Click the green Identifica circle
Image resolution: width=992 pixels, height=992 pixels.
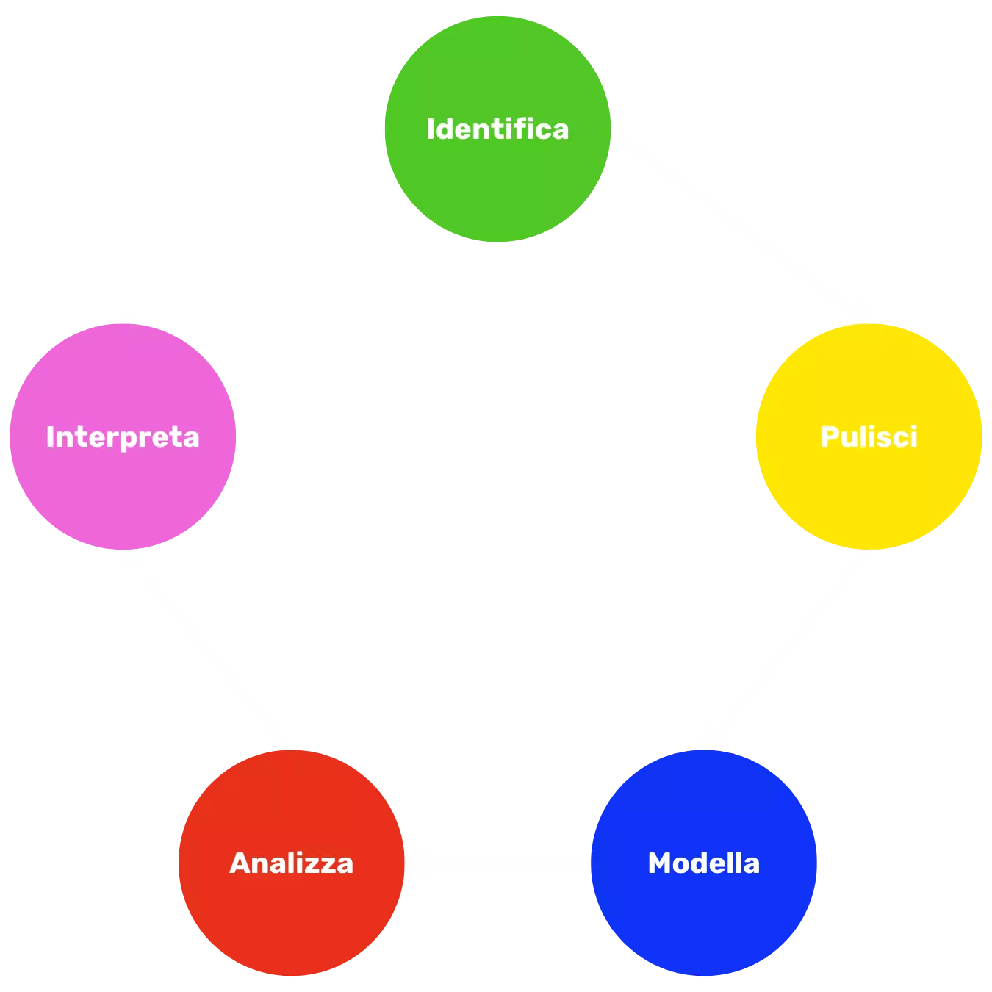pos(497,184)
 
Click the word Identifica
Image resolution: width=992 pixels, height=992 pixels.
pos(497,129)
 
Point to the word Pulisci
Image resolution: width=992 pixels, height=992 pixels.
pos(869,436)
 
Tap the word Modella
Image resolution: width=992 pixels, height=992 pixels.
pos(703,863)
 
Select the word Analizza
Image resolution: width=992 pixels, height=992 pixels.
pos(291,863)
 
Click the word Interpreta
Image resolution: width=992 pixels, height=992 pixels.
pos(122,436)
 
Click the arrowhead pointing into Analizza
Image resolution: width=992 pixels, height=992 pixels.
pos(417,863)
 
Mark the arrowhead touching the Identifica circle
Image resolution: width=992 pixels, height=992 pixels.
pos(371,136)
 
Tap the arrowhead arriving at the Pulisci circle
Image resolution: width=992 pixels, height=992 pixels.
pos(858,312)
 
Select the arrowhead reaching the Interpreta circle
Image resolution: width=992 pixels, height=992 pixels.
pos(131,562)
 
